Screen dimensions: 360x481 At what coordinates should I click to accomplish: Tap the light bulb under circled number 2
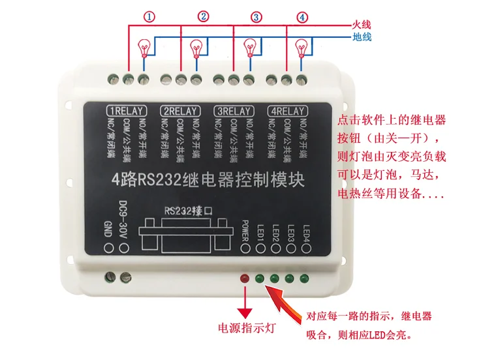pyautogui.click(x=196, y=47)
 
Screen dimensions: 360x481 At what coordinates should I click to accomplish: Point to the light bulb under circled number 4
pyautogui.click(x=301, y=47)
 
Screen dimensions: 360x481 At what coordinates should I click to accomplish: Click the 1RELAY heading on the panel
pyautogui.click(x=127, y=110)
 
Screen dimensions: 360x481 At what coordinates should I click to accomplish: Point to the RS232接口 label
pyautogui.click(x=189, y=211)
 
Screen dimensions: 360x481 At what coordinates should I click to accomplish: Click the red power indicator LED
pyautogui.click(x=245, y=279)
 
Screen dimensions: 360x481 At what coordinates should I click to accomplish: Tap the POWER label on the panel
pyautogui.click(x=245, y=229)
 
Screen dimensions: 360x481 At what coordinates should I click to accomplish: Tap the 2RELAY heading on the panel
pyautogui.click(x=181, y=110)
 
